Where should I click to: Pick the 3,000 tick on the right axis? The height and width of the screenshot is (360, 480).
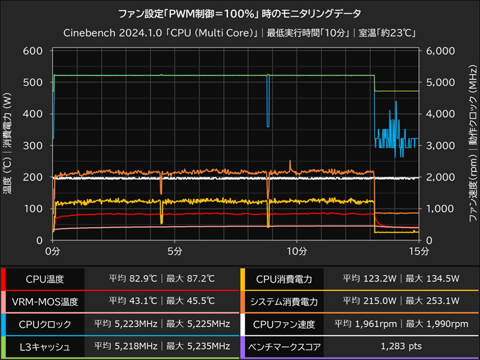pos(441,145)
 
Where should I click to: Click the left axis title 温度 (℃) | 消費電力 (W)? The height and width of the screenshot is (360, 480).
pos(9,145)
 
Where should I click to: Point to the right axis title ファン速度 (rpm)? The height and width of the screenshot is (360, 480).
pos(472,180)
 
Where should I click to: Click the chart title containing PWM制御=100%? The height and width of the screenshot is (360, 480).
pos(240,13)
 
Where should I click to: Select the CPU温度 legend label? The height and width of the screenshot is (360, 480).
pos(44,279)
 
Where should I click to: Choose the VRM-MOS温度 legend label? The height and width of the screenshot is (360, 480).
pos(44,302)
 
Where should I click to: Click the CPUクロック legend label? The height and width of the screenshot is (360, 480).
pos(44,324)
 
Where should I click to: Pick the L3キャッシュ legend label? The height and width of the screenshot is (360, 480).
pos(44,347)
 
